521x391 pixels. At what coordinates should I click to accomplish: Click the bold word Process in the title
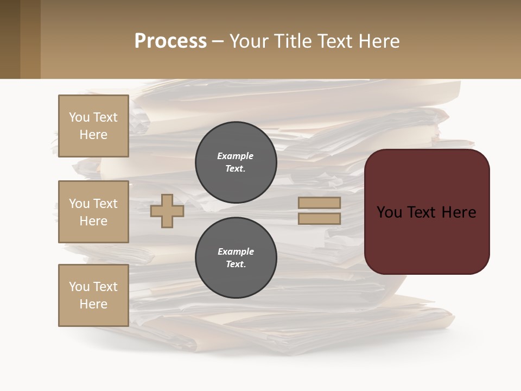coord(170,41)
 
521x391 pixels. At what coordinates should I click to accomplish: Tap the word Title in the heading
coord(292,41)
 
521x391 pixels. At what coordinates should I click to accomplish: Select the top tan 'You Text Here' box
coord(93,126)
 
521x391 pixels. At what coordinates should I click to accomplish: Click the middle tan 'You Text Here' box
coord(93,212)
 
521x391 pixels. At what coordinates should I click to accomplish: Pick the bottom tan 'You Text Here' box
coord(93,295)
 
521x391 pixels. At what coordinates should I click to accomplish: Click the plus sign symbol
coord(167,211)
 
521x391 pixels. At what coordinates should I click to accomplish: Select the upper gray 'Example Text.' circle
coord(236,162)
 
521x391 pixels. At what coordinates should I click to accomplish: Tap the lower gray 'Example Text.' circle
coord(236,258)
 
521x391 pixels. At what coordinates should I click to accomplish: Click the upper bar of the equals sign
coord(319,203)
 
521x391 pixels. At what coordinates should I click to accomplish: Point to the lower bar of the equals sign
coord(319,219)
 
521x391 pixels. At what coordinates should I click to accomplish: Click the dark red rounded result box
coord(427,239)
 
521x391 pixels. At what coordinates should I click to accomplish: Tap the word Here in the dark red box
coord(459,212)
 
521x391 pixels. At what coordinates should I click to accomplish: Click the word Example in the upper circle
coord(235,156)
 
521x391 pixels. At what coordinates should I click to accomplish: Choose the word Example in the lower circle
coord(236,251)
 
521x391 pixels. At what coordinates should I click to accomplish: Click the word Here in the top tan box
coord(93,135)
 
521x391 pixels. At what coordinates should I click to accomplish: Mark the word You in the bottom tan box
coord(79,287)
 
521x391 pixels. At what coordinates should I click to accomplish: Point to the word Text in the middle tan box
coord(105,204)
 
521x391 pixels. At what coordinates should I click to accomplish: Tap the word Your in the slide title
coord(248,41)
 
